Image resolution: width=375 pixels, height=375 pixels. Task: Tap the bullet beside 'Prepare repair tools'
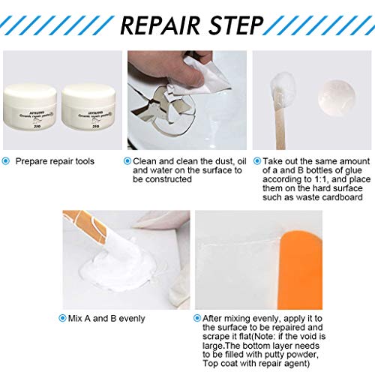pyautogui.click(x=7, y=160)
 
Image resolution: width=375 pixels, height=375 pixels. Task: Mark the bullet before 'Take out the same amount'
pyautogui.click(x=258, y=160)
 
